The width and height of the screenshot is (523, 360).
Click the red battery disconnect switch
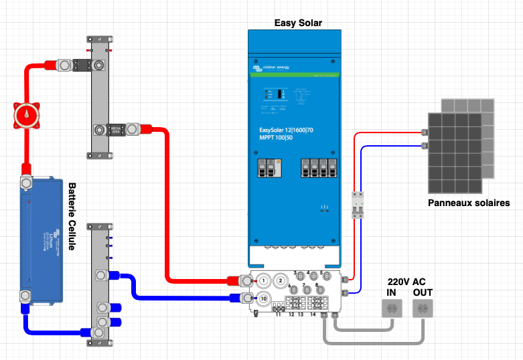(x=26, y=116)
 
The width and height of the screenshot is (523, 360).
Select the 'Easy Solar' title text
(x=298, y=23)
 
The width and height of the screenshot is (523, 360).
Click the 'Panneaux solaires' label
(x=469, y=203)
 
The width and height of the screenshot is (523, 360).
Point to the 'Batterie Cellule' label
(x=72, y=216)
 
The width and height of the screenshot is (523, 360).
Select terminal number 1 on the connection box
(x=264, y=280)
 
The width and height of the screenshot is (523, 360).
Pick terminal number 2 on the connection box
(x=282, y=280)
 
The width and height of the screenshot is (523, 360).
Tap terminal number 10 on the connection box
(x=264, y=298)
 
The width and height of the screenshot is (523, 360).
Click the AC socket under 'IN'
(x=391, y=308)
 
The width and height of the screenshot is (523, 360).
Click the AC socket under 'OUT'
(x=422, y=308)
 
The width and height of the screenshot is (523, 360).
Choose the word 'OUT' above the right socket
(x=423, y=293)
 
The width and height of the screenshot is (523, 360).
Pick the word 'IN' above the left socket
(x=391, y=293)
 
